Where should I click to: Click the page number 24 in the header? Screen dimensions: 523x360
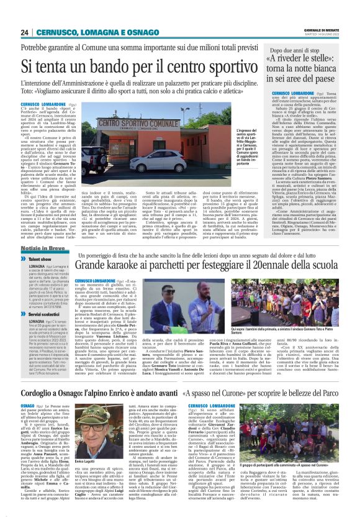tap(25, 32)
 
